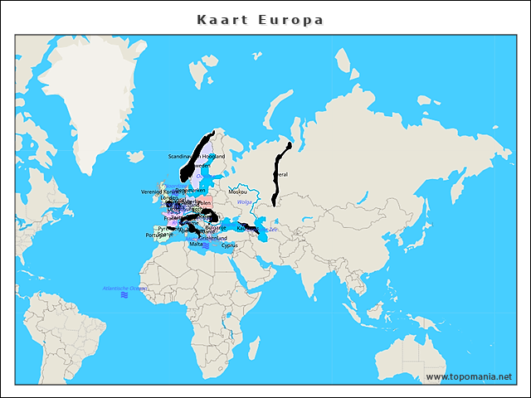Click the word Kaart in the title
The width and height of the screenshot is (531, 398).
(x=218, y=19)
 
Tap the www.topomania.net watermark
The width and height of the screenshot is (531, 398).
(x=468, y=376)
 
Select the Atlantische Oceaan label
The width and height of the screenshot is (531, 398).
(x=124, y=288)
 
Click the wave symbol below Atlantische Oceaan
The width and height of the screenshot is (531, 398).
(x=124, y=295)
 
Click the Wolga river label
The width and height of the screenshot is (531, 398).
(x=244, y=202)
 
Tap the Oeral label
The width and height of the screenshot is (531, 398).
(x=282, y=175)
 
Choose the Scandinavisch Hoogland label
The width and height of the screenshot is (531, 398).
(x=197, y=156)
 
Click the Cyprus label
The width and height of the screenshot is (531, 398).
(x=230, y=245)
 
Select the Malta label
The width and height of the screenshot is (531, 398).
(x=196, y=245)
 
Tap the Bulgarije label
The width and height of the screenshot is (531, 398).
(x=215, y=226)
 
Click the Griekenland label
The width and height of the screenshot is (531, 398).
(x=212, y=238)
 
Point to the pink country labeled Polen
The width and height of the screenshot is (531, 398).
(x=205, y=202)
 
